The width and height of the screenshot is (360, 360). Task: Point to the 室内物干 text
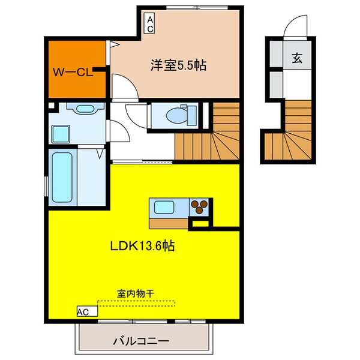(x=135, y=293)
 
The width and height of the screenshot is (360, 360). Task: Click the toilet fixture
(x=178, y=113)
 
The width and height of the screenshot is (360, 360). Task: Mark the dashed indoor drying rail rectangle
(x=136, y=304)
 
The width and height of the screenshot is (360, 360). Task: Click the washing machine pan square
(x=61, y=133)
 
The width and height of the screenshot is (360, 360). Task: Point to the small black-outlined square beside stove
(x=199, y=223)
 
